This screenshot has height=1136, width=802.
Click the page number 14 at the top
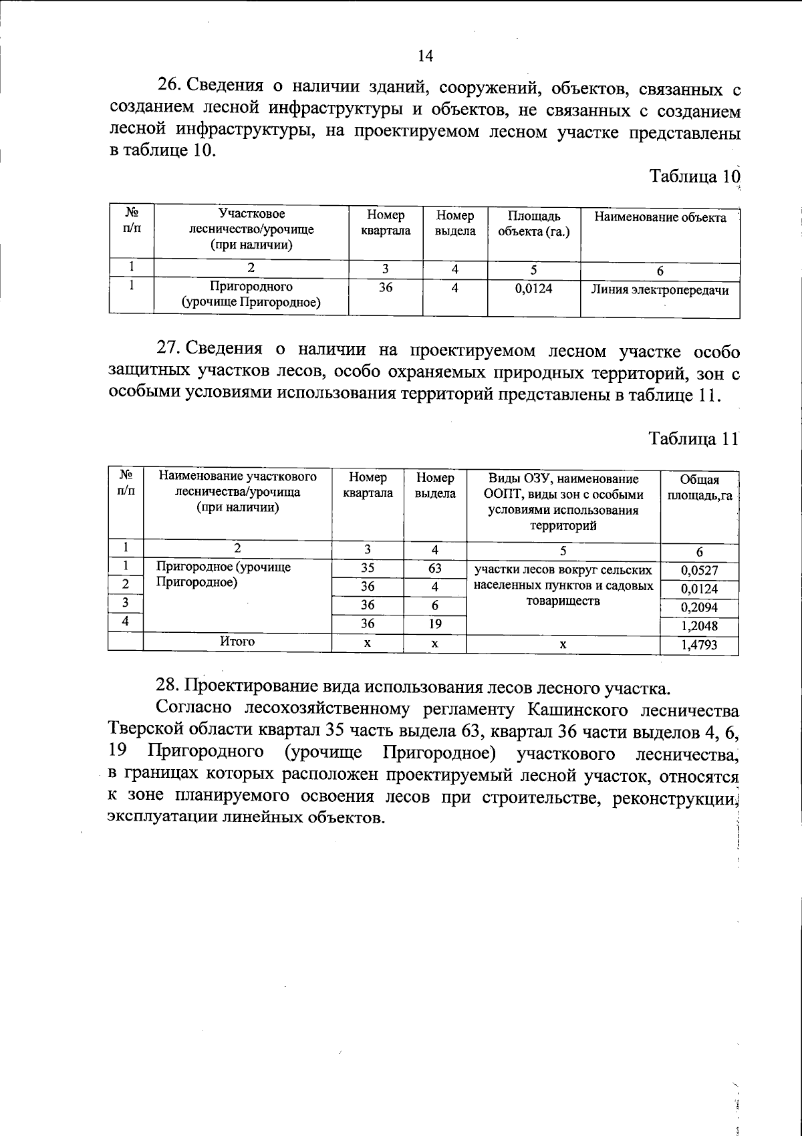[425, 56]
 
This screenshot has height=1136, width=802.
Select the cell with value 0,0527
[699, 570]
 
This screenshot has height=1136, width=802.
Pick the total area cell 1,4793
[699, 646]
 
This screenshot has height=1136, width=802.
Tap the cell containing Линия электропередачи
[660, 291]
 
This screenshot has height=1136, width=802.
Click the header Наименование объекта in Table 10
[660, 218]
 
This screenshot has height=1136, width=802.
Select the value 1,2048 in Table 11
[699, 627]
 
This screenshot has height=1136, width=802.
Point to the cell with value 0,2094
[699, 608]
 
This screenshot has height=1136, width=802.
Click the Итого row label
[237, 642]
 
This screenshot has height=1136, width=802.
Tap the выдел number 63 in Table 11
[434, 569]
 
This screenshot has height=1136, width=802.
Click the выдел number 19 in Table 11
[434, 624]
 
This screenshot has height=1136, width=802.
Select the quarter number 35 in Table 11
[368, 569]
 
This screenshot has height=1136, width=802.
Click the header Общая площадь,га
[699, 488]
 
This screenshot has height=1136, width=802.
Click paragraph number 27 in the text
[168, 349]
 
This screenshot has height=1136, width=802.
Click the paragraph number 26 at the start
[169, 86]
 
